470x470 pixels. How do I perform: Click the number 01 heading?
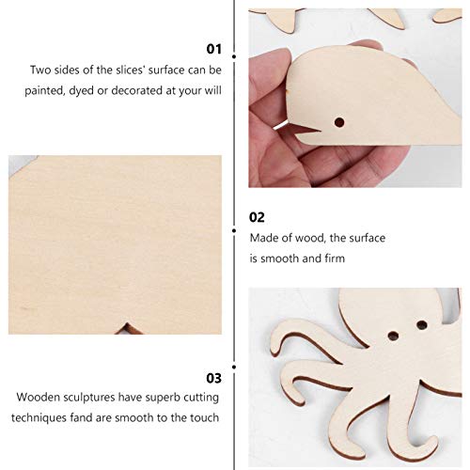click(x=213, y=48)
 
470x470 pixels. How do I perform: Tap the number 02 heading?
click(x=257, y=216)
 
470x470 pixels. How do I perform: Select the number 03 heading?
click(x=213, y=378)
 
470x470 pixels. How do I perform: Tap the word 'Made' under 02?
click(x=262, y=238)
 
